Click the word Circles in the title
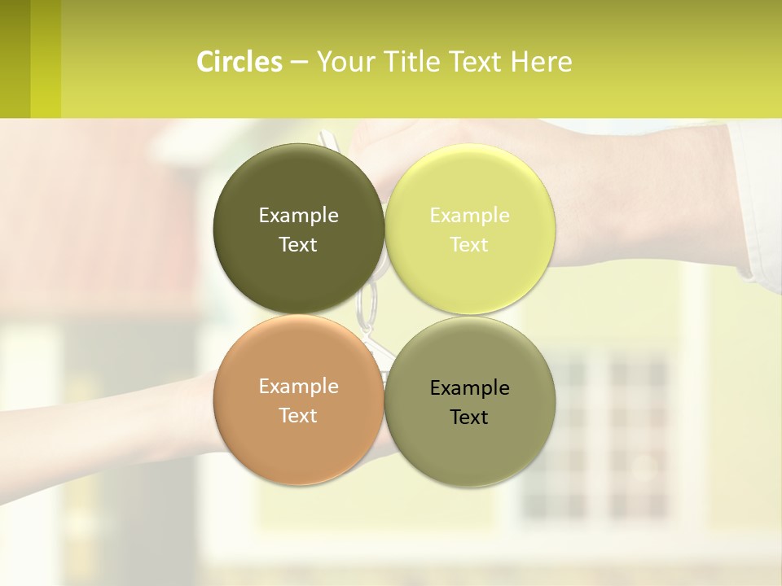click(x=239, y=62)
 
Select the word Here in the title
click(x=542, y=62)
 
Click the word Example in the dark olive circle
click(x=298, y=215)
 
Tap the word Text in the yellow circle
click(x=469, y=244)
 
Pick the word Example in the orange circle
click(x=298, y=386)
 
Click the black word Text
click(x=469, y=417)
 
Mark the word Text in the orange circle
click(x=298, y=415)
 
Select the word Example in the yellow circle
click(x=469, y=215)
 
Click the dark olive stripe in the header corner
click(x=15, y=59)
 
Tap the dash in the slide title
click(x=299, y=63)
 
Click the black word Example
click(x=469, y=387)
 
